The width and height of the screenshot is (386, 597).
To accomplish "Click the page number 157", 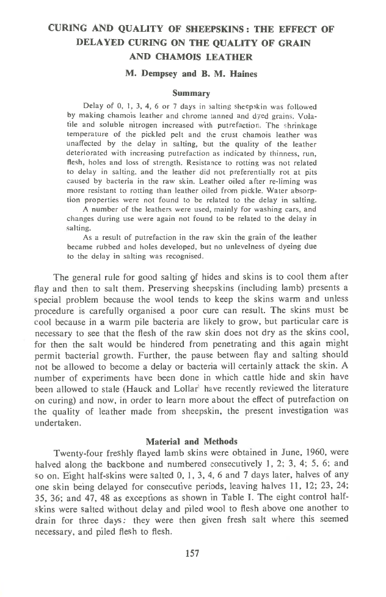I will point(193,554).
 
